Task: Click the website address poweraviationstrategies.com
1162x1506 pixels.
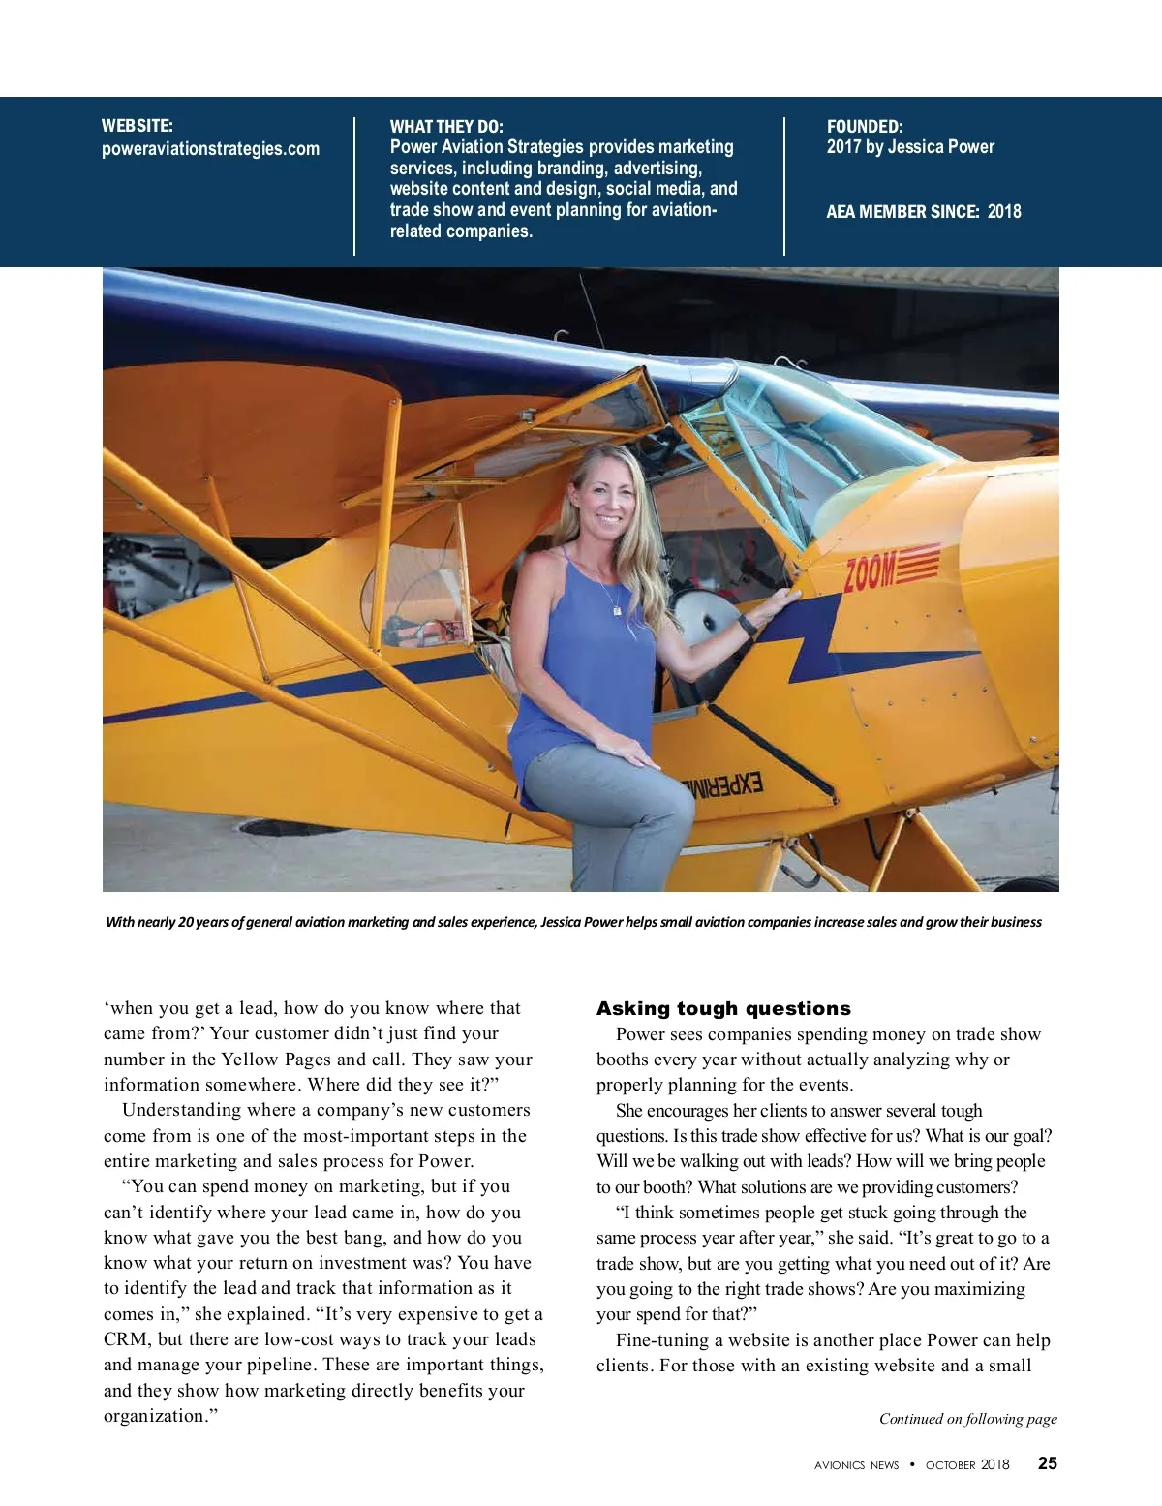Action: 210,149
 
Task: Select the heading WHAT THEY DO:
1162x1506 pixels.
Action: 446,127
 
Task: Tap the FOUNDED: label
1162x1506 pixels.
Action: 865,127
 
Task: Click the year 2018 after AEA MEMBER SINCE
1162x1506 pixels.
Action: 1004,212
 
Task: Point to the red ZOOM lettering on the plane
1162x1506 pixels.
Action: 871,571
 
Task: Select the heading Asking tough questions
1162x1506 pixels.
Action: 723,1008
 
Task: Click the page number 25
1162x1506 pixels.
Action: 1048,1463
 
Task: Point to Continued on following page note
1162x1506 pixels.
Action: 967,1419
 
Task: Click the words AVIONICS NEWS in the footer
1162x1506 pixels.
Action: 856,1465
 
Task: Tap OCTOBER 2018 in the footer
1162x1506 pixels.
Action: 967,1465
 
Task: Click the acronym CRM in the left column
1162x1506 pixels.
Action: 125,1339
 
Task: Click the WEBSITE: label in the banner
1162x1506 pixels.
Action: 138,126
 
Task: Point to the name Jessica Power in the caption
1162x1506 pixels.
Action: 581,922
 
